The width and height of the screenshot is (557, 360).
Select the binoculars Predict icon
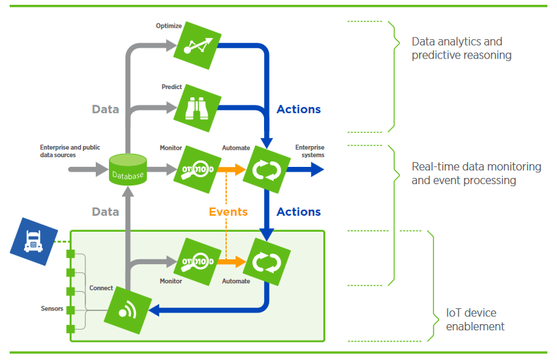tap(198, 108)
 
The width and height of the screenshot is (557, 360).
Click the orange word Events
tap(228, 212)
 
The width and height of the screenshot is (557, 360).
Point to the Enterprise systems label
tap(310, 151)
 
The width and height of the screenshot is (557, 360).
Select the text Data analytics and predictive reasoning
tap(461, 48)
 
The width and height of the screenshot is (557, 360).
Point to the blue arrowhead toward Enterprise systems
tap(316, 170)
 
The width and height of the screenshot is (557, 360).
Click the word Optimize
tap(169, 26)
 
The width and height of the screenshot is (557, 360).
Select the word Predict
tap(172, 87)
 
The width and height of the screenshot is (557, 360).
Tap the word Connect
tap(101, 288)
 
